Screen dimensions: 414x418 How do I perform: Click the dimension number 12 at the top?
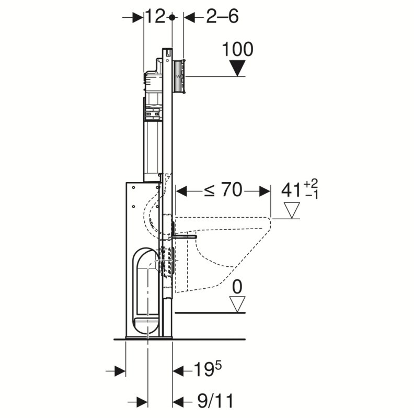coord(155,17)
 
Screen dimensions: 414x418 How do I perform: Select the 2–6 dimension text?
coord(223,17)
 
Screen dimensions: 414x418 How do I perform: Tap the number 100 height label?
coord(238,49)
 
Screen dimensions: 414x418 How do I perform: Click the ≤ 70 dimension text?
coord(223,190)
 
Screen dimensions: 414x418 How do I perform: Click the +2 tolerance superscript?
coord(310,184)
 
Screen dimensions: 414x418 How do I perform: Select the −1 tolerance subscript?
coord(312,195)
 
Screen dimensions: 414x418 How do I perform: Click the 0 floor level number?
coord(237,287)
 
